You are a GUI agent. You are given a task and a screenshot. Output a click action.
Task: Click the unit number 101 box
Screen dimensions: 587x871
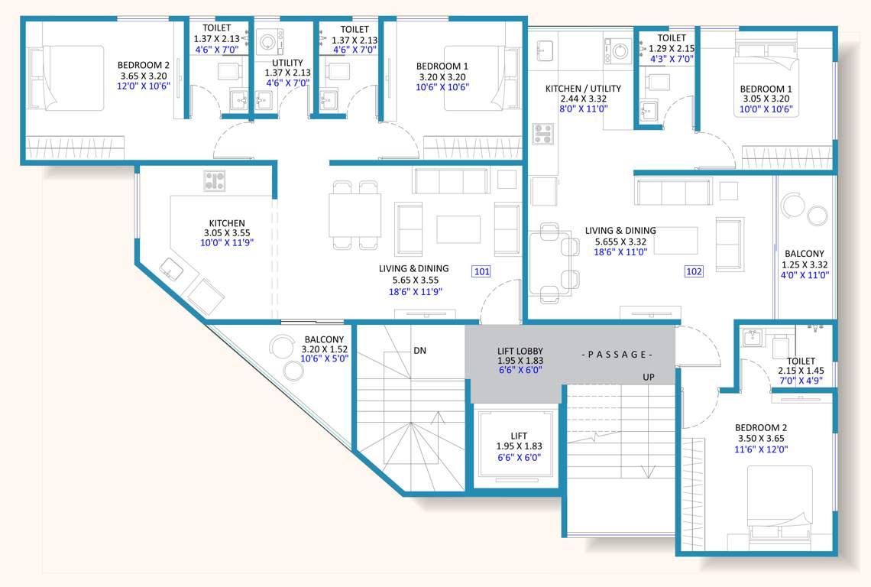point(482,271)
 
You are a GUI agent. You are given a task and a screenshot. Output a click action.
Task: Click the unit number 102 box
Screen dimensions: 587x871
point(694,271)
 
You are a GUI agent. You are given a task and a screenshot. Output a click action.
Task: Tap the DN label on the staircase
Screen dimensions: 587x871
point(419,351)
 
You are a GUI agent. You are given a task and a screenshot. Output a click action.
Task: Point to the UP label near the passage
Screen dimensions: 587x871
point(649,378)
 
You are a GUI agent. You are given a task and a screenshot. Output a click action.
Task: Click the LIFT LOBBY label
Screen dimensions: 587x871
point(520,352)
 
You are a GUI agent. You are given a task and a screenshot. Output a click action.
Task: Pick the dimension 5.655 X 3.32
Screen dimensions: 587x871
point(620,242)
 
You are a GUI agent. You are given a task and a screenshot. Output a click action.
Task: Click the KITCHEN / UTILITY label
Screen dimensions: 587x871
point(583,89)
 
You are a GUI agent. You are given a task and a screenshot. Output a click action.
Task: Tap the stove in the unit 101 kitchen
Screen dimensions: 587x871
point(215,180)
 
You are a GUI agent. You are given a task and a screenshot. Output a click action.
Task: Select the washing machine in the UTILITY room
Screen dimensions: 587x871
point(271,41)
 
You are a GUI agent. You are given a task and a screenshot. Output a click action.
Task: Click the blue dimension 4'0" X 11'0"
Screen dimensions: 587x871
point(805,276)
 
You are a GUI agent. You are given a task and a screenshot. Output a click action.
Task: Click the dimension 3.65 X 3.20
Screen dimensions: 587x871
point(143,76)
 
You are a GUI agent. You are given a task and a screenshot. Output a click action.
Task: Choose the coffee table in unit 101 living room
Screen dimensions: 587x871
point(458,229)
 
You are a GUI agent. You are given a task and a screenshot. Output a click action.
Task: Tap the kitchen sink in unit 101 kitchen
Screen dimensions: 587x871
point(172,269)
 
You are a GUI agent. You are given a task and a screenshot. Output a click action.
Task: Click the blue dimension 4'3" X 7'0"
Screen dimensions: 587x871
point(672,58)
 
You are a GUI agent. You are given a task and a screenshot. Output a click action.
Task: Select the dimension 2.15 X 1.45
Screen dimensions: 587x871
point(801,371)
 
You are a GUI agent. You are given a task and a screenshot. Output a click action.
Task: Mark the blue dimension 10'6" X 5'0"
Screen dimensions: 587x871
point(324,358)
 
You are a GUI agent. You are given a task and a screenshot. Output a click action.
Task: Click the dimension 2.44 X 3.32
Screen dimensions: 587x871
point(583,99)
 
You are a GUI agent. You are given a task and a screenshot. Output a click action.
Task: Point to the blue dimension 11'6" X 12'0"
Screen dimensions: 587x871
point(761,449)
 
